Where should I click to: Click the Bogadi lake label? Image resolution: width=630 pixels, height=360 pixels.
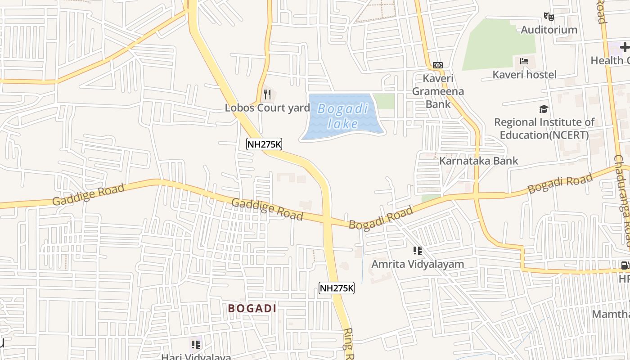click(342, 116)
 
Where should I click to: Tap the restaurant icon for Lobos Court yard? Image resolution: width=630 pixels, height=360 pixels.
click(267, 94)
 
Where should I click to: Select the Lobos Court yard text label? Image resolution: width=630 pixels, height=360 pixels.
click(267, 108)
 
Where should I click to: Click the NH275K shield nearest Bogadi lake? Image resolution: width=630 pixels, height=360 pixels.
click(264, 144)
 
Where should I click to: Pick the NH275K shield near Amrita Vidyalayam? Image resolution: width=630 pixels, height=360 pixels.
click(337, 288)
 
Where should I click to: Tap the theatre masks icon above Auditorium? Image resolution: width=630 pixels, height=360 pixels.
click(549, 17)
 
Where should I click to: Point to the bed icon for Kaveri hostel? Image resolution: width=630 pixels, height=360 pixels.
click(524, 61)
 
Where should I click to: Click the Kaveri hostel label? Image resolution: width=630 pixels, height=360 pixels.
click(524, 75)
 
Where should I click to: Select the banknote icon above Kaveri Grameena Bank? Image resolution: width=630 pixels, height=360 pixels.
click(437, 65)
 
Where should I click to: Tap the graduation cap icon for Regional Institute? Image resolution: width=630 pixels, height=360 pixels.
click(544, 109)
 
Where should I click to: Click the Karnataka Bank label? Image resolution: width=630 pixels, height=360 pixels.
click(478, 161)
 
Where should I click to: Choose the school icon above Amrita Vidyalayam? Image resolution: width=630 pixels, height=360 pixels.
click(417, 251)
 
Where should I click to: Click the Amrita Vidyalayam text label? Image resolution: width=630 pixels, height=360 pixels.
click(417, 264)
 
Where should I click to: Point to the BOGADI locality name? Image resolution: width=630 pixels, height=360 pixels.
click(252, 308)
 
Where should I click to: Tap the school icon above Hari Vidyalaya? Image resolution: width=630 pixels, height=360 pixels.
click(195, 345)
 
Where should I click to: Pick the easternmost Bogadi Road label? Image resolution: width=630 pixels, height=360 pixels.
click(560, 184)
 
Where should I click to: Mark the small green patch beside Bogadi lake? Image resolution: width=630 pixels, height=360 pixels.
click(384, 101)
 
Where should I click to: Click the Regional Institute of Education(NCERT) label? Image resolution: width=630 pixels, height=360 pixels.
click(544, 128)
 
